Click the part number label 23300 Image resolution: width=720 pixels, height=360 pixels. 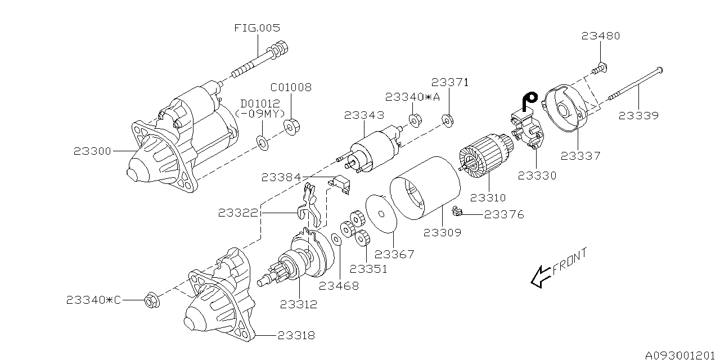coord(93,151)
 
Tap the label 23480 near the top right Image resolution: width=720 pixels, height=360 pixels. coord(601,36)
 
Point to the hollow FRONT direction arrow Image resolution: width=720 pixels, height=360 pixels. coord(541,276)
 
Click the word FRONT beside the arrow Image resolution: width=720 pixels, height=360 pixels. coord(570,262)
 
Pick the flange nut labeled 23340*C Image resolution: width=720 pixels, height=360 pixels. coord(151,300)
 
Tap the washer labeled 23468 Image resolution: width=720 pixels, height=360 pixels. coord(335,240)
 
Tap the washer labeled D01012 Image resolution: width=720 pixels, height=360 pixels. coord(262,141)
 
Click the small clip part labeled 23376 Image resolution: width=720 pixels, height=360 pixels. coord(458,212)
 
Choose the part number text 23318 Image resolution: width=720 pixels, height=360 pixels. coord(295,336)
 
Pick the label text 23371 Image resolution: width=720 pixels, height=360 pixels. coord(450,82)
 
